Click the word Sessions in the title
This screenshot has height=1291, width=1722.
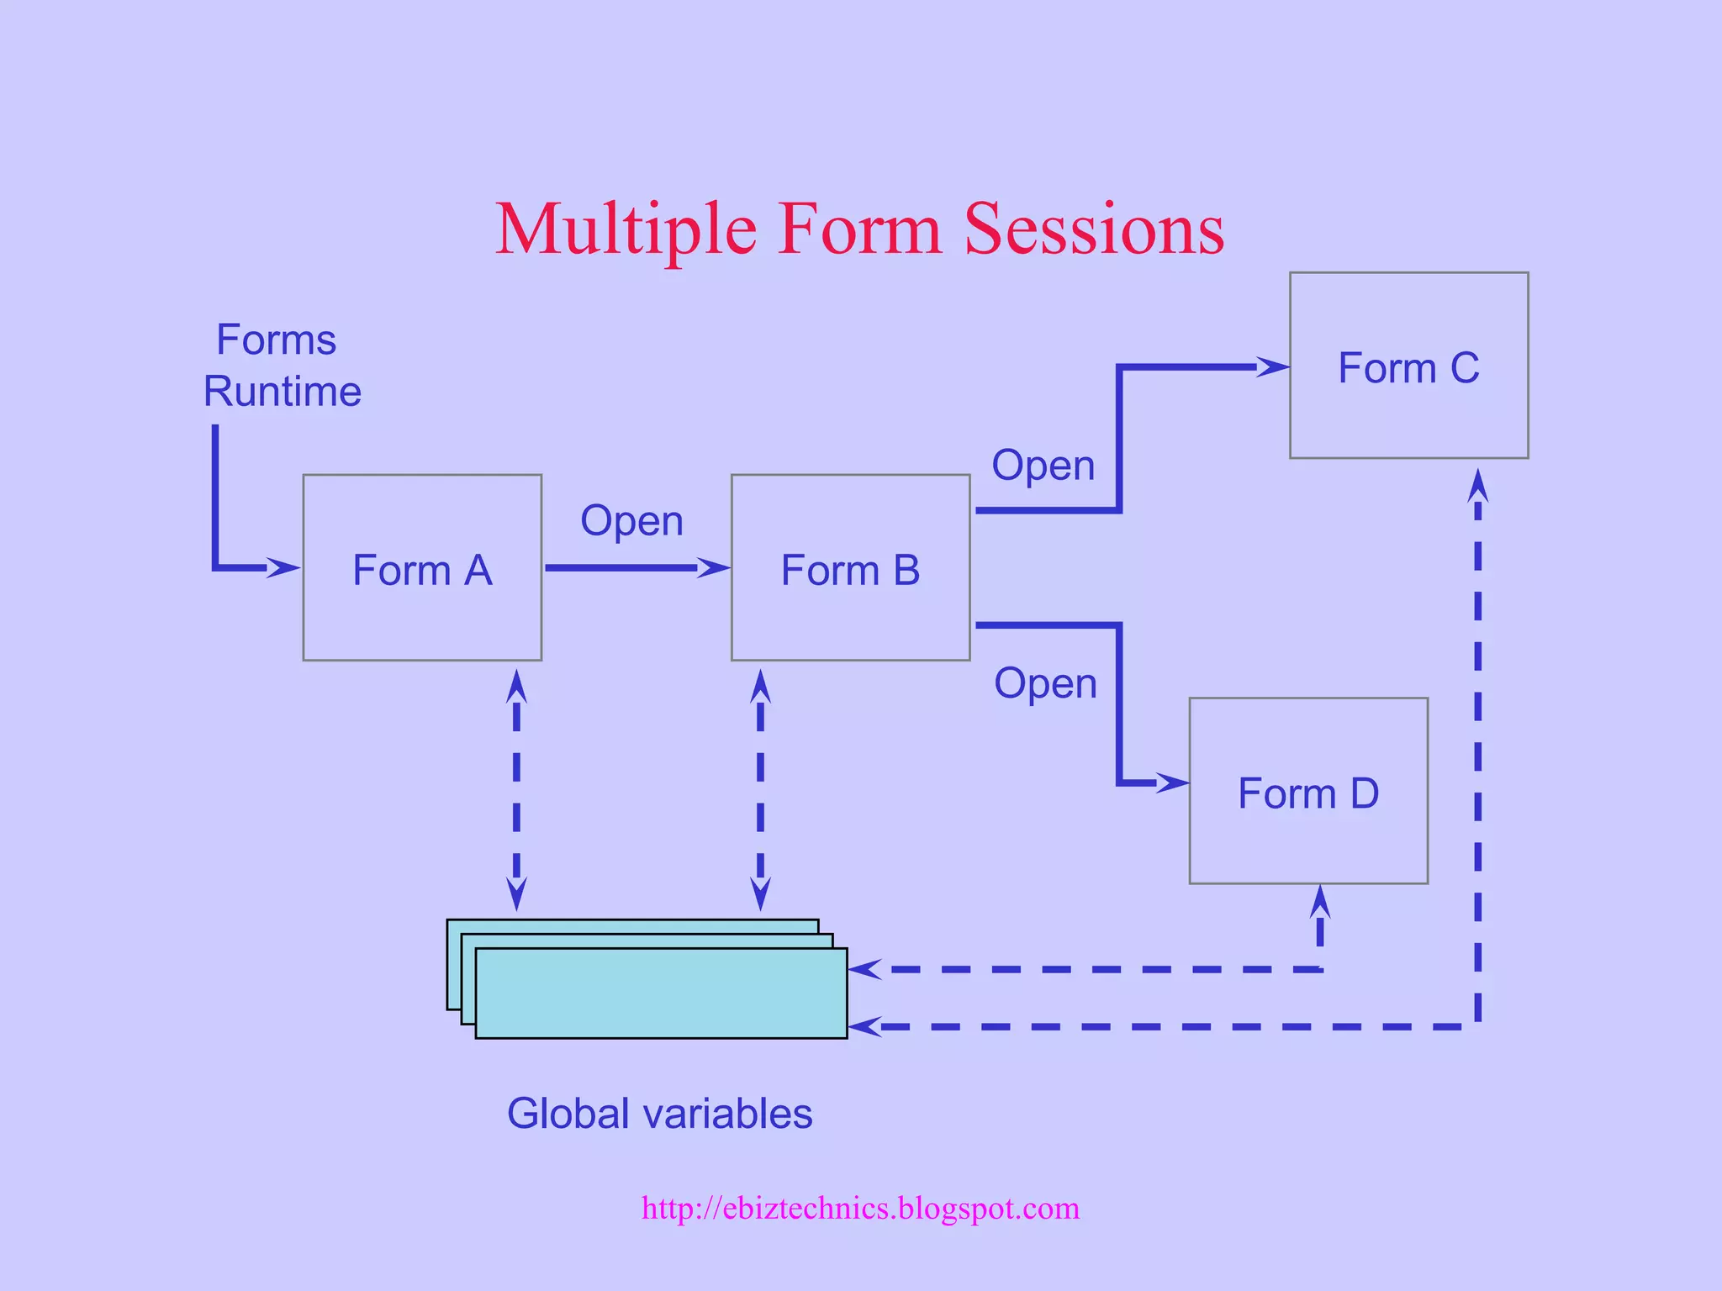pyautogui.click(x=1094, y=229)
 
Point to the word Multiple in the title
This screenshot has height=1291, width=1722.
pyautogui.click(x=626, y=229)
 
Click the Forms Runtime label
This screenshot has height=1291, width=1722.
pyautogui.click(x=281, y=366)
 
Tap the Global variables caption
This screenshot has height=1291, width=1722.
pyautogui.click(x=659, y=1114)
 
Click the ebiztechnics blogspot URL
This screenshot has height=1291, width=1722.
pyautogui.click(x=860, y=1208)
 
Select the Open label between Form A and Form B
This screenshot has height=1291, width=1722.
pyautogui.click(x=631, y=521)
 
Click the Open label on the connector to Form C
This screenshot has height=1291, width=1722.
pyautogui.click(x=1043, y=466)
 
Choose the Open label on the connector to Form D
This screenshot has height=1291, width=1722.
pyautogui.click(x=1045, y=683)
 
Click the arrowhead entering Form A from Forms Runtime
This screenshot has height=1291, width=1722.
pyautogui.click(x=284, y=567)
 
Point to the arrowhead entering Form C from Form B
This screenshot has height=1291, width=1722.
pyautogui.click(x=1273, y=366)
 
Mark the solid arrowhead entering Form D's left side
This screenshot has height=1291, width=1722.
pyautogui.click(x=1173, y=783)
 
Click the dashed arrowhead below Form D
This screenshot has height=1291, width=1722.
pyautogui.click(x=1320, y=902)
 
